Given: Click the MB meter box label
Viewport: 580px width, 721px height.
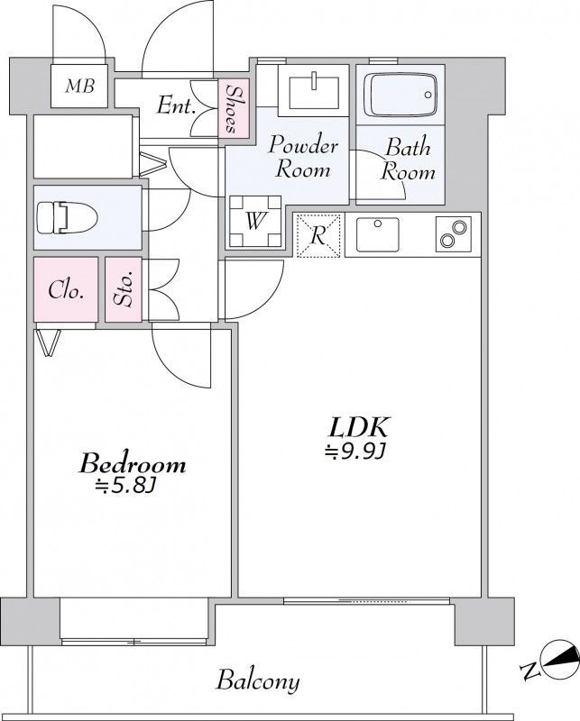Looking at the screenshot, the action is pyautogui.click(x=79, y=86).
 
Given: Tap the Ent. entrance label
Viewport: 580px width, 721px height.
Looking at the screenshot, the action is pyautogui.click(x=176, y=105).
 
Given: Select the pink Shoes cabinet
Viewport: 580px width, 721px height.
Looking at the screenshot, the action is pyautogui.click(x=234, y=108).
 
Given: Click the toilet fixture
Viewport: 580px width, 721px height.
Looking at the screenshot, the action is pyautogui.click(x=67, y=217).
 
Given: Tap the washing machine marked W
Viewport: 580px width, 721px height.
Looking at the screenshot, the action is pyautogui.click(x=255, y=221).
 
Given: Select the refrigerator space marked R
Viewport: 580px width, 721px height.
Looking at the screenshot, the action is pyautogui.click(x=318, y=235).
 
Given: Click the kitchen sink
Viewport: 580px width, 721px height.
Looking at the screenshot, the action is pyautogui.click(x=378, y=234).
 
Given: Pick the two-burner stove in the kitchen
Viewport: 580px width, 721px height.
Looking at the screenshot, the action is pyautogui.click(x=454, y=234).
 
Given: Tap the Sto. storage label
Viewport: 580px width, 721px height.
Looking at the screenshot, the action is pyautogui.click(x=124, y=289).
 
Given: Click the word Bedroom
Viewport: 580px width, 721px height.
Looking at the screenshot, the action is pyautogui.click(x=133, y=463).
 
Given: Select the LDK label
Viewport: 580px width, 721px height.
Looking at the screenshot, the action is pyautogui.click(x=359, y=426).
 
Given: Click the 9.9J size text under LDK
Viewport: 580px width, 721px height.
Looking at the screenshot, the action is pyautogui.click(x=354, y=452).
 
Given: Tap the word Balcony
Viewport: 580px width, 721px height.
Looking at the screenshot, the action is pyautogui.click(x=258, y=682).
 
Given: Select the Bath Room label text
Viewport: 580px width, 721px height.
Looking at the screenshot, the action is pyautogui.click(x=408, y=160).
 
